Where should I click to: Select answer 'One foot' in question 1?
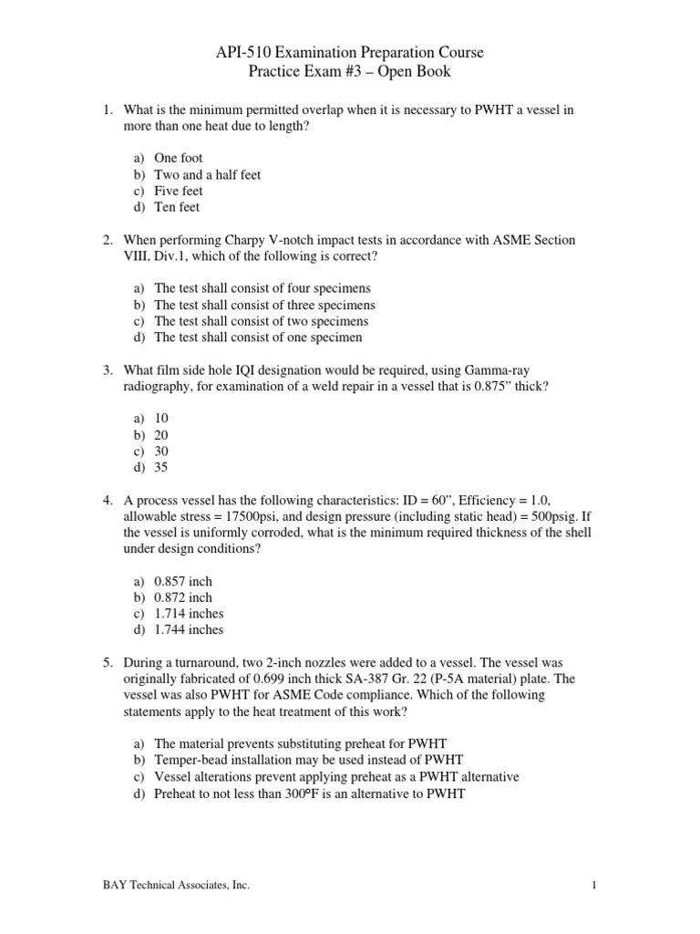[x=179, y=158]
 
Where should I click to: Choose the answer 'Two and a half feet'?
[x=208, y=174]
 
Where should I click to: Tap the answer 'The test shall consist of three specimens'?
[x=264, y=305]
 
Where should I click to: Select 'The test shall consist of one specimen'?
[x=258, y=337]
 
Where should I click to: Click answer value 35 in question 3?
[x=161, y=468]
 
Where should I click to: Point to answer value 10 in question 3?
[x=161, y=419]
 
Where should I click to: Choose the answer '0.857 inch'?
[x=183, y=581]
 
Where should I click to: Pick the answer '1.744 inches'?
[x=189, y=629]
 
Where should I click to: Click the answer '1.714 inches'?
[x=189, y=614]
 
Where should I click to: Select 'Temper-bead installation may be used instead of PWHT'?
[x=309, y=760]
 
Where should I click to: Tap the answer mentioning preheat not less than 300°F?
[x=310, y=794]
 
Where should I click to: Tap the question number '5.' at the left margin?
[x=108, y=662]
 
